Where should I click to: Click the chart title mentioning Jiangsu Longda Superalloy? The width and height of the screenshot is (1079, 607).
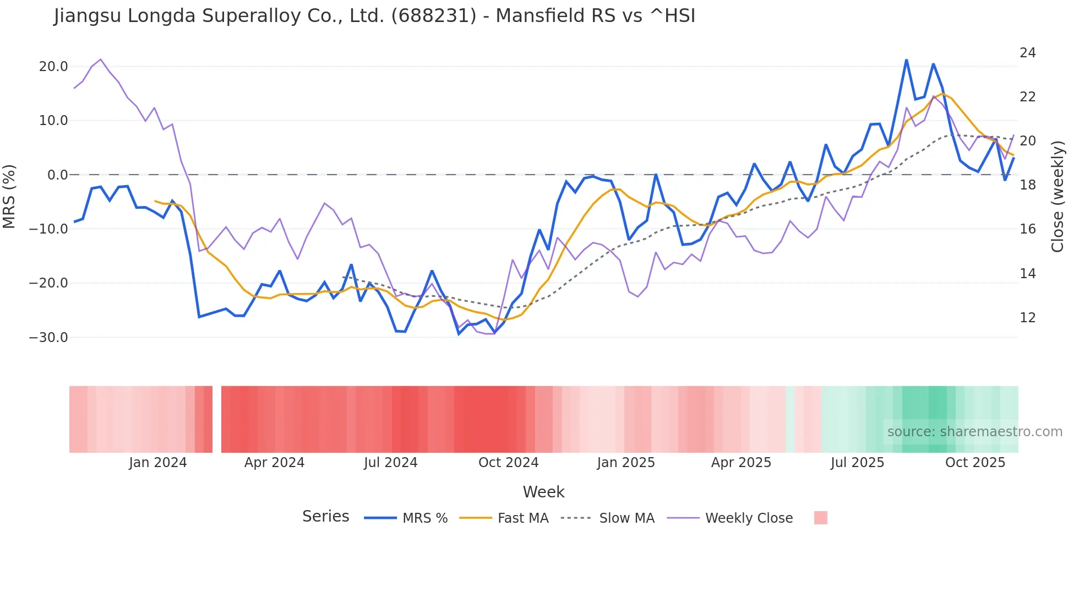(374, 16)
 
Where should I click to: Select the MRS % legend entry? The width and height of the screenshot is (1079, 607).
(424, 518)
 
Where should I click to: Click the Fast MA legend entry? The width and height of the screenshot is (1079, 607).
(522, 518)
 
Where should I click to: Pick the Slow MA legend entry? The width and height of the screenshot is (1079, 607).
(626, 518)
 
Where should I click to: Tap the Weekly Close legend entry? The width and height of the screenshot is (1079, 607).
(749, 518)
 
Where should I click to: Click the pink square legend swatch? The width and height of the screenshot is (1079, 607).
(820, 518)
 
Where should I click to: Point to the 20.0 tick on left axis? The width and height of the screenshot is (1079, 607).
(53, 67)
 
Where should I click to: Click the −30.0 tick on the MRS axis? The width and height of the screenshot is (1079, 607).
(48, 337)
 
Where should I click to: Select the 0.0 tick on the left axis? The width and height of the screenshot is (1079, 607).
(57, 175)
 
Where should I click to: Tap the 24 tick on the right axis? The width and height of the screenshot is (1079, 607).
(1028, 53)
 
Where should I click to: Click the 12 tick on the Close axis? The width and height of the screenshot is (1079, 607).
(1028, 318)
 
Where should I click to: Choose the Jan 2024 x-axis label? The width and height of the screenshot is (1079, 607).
(158, 463)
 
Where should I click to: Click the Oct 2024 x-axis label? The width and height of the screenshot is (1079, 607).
(508, 463)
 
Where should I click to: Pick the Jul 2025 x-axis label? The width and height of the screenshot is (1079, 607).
(857, 463)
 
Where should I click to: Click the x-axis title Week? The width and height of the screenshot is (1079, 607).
(543, 492)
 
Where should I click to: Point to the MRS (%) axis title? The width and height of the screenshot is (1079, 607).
(9, 196)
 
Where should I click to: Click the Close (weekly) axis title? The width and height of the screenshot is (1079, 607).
(1058, 197)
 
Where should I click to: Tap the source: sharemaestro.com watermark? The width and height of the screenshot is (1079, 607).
(974, 432)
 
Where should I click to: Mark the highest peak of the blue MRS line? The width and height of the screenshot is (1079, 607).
(906, 60)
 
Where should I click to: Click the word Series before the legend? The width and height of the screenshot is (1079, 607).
(325, 517)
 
